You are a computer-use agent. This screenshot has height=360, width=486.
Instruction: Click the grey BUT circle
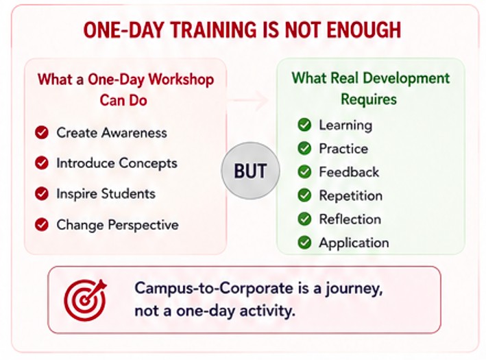click(x=250, y=171)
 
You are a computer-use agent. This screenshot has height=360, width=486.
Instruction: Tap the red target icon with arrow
click(x=85, y=300)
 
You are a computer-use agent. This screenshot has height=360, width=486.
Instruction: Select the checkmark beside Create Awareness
click(x=42, y=132)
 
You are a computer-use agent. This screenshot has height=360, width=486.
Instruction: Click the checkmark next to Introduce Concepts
click(x=42, y=163)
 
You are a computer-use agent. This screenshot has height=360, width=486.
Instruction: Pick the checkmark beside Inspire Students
click(x=42, y=194)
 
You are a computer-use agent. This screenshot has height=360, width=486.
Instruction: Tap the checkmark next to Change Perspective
click(x=42, y=224)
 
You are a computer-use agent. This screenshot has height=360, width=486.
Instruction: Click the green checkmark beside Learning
click(x=304, y=125)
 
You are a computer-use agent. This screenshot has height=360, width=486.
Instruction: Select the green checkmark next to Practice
click(x=304, y=148)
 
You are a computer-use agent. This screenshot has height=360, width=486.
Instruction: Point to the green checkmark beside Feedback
click(x=304, y=172)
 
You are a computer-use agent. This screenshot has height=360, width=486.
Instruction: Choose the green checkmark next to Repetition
click(x=304, y=195)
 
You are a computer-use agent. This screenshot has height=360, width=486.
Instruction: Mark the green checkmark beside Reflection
click(x=304, y=219)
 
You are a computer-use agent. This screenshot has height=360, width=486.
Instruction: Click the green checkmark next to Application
click(x=304, y=243)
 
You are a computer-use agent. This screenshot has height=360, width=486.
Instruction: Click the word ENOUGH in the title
click(x=364, y=29)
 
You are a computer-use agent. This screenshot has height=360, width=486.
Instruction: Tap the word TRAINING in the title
click(x=214, y=29)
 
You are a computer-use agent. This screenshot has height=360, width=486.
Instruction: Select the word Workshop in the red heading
click(x=181, y=80)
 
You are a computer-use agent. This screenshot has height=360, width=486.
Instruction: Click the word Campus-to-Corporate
click(x=214, y=288)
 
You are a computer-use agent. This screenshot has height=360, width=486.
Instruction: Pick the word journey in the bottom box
click(x=354, y=289)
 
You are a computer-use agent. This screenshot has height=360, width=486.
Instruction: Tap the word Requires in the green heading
click(x=369, y=99)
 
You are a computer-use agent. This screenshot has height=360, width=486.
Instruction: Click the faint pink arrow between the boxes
click(x=248, y=100)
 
